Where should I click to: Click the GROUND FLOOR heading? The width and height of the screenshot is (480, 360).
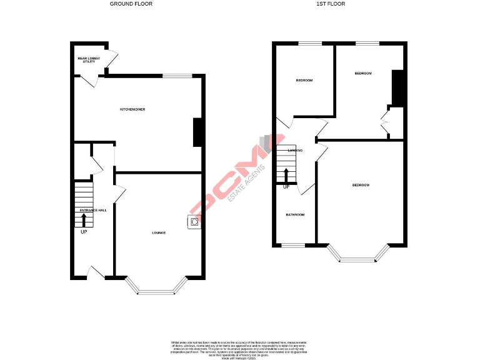pos(131,4)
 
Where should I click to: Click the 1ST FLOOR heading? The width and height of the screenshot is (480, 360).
pos(331,4)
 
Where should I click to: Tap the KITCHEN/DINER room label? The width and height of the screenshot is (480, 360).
pos(132,109)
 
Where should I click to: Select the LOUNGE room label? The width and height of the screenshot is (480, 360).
pos(159,232)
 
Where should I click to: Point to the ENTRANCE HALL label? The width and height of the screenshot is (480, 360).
pos(92,210)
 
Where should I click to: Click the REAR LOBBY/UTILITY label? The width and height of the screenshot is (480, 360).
pos(88,60)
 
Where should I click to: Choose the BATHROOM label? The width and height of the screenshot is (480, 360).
pos(295,214)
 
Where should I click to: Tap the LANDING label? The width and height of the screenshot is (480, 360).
pos(295,151)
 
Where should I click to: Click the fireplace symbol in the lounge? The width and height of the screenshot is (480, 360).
pos(195,222)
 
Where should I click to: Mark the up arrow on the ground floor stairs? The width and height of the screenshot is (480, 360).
pos(84,220)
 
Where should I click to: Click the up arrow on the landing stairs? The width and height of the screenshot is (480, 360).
pos(286,174)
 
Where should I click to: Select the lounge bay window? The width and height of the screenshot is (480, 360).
pos(156,287)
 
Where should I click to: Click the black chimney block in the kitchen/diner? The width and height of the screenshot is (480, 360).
pos(197,132)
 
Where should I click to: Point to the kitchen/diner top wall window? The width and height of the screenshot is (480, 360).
pos(177,76)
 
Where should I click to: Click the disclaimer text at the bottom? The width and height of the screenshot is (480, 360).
pos(239,347)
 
